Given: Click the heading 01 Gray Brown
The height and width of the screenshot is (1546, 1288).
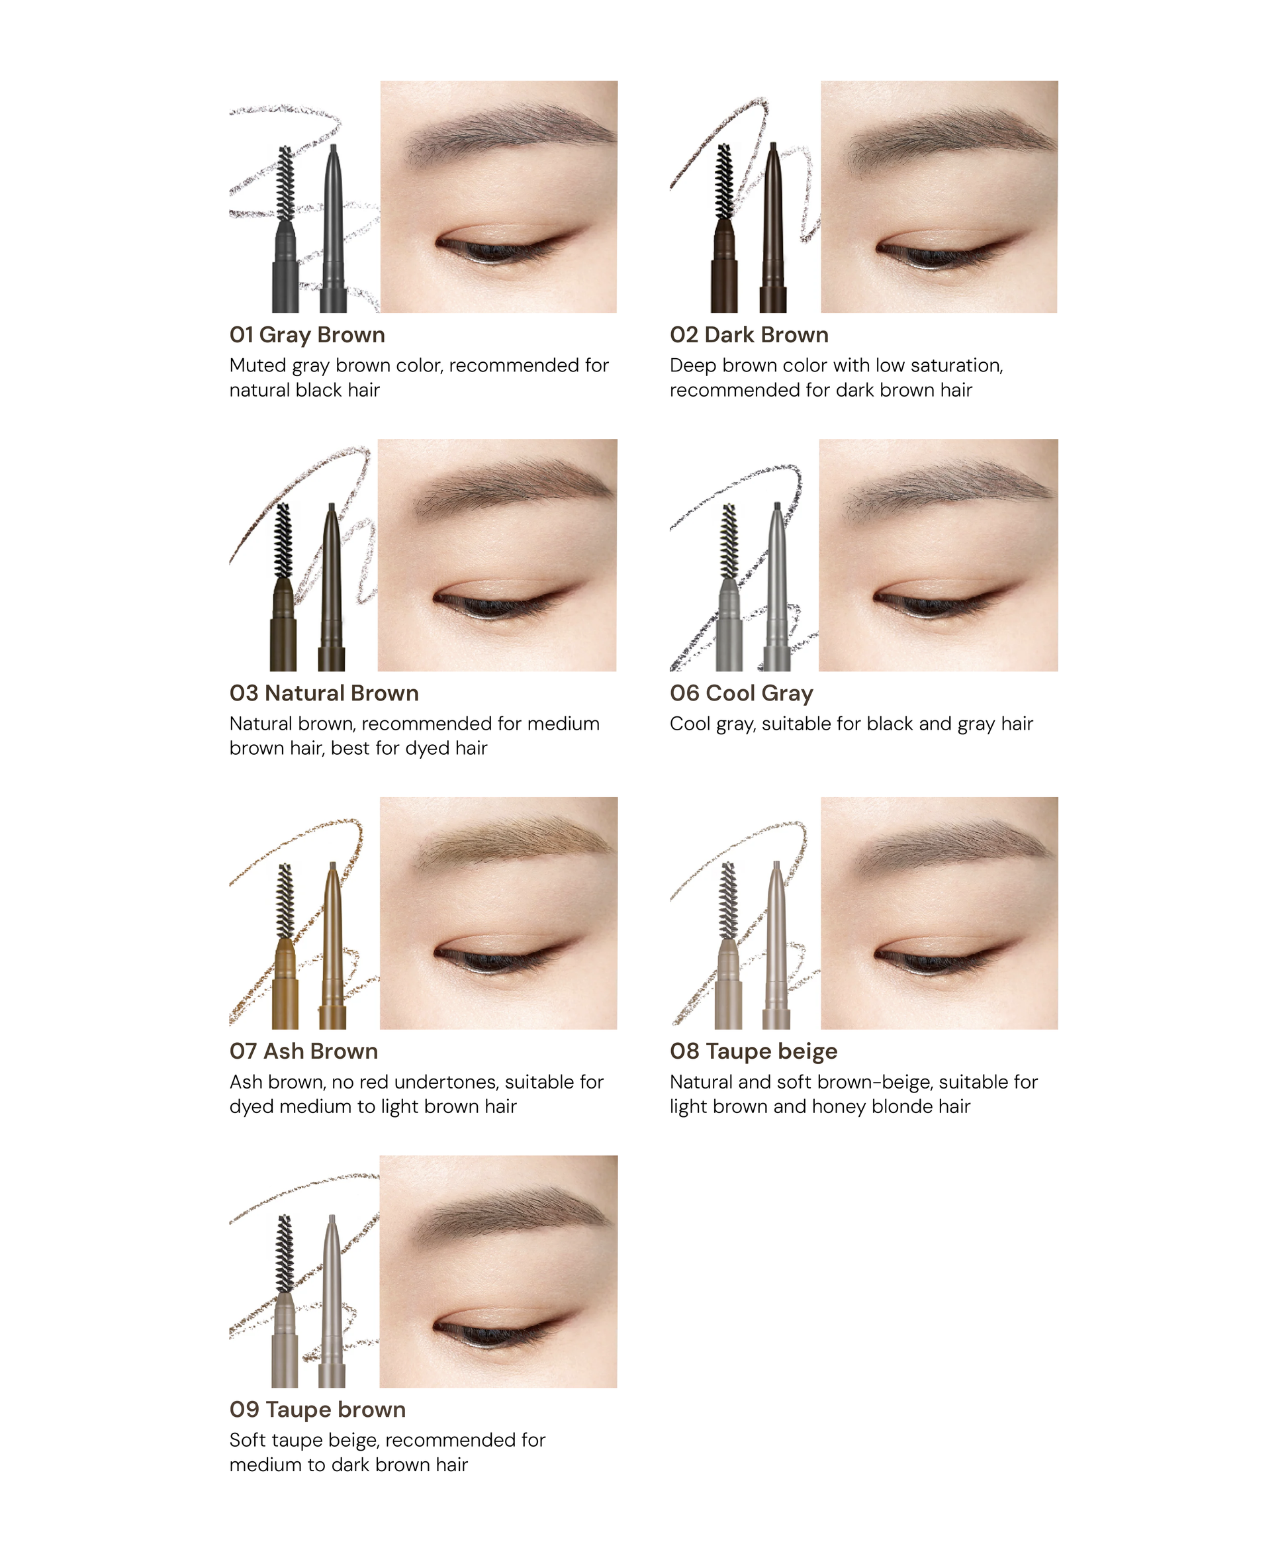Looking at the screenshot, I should click(x=307, y=335).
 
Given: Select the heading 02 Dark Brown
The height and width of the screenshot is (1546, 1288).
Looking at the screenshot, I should click(x=749, y=335).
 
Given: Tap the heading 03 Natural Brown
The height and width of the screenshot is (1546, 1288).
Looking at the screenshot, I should click(x=324, y=693).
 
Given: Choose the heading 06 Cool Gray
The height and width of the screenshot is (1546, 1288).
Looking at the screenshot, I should click(x=741, y=693).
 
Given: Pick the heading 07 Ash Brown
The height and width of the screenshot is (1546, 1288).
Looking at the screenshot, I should click(x=303, y=1051).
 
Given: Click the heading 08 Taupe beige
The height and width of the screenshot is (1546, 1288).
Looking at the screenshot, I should click(x=753, y=1051).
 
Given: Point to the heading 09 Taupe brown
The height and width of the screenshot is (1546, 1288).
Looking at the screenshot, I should click(x=317, y=1409).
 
